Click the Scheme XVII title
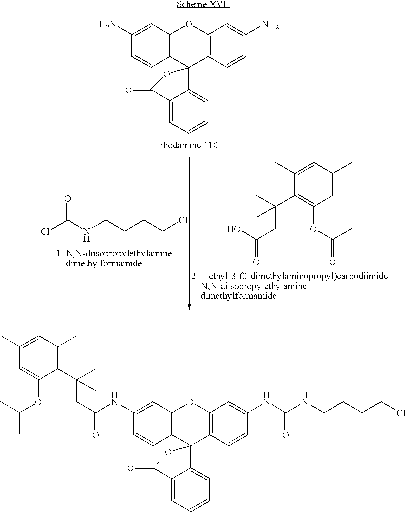203,4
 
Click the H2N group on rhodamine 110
107,24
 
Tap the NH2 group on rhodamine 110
270,24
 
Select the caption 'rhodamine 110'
189,145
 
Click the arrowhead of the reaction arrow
189,307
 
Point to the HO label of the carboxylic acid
234,229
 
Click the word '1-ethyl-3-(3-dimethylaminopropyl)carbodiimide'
294,276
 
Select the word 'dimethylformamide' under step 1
104,263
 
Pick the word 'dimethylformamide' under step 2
239,296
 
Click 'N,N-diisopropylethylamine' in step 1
119,253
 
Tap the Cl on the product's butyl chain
401,413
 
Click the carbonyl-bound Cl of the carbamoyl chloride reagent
45,231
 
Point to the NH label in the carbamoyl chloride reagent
87,235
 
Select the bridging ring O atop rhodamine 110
189,24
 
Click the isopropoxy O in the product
38,402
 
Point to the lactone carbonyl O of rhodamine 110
129,90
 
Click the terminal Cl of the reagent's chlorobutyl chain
183,220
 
